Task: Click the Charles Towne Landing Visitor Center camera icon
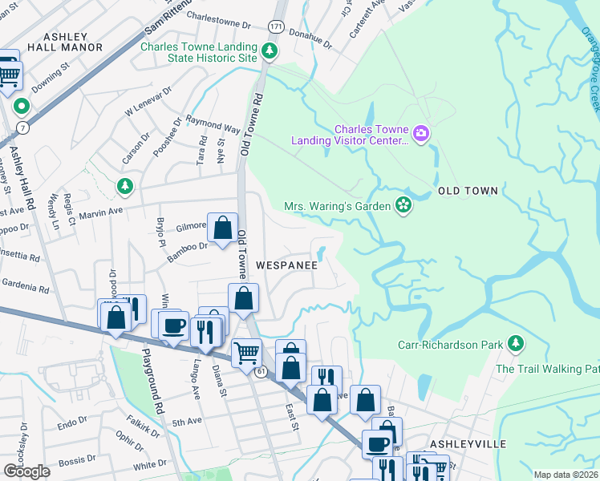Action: coord(421,133)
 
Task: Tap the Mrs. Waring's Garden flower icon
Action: coord(403,205)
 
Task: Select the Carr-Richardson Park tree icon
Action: coord(515,345)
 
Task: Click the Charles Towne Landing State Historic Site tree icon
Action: coord(270,52)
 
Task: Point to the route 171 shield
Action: coord(276,27)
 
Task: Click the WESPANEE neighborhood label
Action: coord(287,264)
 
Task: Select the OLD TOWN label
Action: coord(468,191)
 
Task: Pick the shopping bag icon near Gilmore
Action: coord(222,228)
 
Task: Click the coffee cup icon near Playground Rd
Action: coord(173,325)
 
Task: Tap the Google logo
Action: coord(26,471)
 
